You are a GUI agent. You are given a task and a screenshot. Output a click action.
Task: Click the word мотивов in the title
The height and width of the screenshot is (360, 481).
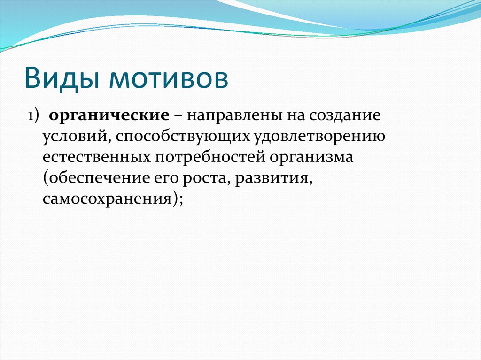click(169, 78)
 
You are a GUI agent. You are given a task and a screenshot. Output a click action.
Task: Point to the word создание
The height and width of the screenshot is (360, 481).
click(341, 116)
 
